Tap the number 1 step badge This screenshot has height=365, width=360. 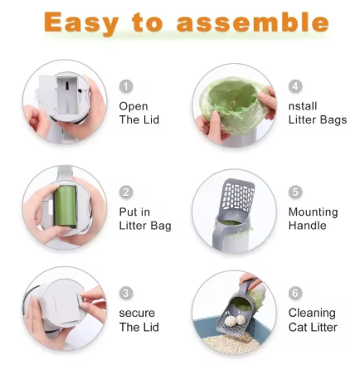[x=126, y=86]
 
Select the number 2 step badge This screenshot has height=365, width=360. [x=126, y=192]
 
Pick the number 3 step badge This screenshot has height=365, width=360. [x=126, y=294]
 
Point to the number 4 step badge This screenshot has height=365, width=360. [x=295, y=86]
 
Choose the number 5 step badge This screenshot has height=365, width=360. [x=295, y=192]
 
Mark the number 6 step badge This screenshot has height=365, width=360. [x=295, y=294]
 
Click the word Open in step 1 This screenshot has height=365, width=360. [x=134, y=106]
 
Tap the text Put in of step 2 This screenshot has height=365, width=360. [x=134, y=212]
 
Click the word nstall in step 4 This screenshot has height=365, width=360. [x=304, y=106]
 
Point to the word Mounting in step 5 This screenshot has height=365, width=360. [x=313, y=212]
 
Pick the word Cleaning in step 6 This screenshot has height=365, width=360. [x=312, y=314]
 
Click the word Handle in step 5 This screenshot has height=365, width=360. [x=306, y=226]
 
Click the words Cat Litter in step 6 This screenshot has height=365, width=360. [x=313, y=327]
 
